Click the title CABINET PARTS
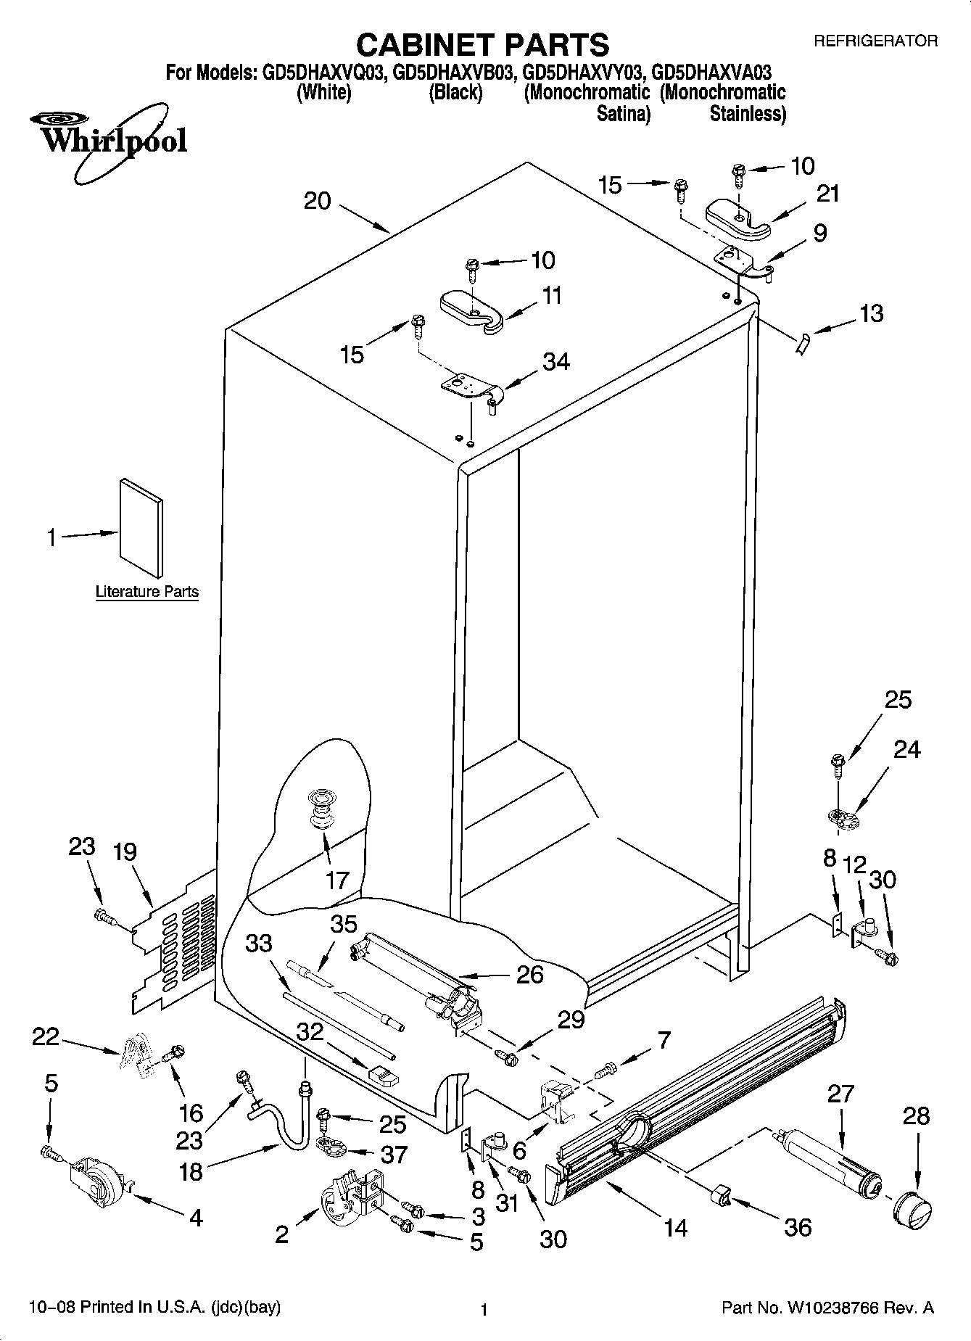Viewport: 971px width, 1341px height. [x=483, y=44]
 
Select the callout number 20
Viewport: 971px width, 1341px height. [x=317, y=201]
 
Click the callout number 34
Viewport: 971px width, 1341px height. [x=556, y=361]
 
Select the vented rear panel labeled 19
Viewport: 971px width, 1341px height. [x=174, y=943]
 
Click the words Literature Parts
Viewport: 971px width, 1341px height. [x=147, y=591]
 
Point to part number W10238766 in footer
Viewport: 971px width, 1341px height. [x=832, y=1308]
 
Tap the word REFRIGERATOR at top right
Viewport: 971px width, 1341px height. [x=875, y=41]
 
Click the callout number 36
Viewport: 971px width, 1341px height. [x=798, y=1227]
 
